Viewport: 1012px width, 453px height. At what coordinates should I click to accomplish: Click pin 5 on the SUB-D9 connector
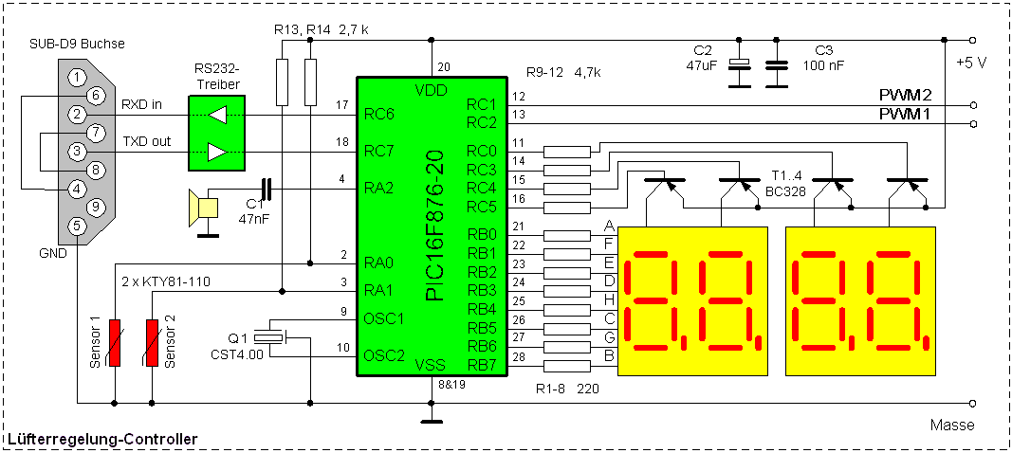pyautogui.click(x=78, y=226)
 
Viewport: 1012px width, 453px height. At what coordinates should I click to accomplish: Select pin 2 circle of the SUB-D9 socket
pyautogui.click(x=78, y=114)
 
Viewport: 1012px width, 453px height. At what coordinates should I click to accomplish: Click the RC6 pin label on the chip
pyautogui.click(x=378, y=114)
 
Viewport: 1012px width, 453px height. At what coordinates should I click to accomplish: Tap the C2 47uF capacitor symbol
pyautogui.click(x=738, y=66)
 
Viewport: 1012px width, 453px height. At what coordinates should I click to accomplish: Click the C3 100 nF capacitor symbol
pyautogui.click(x=777, y=66)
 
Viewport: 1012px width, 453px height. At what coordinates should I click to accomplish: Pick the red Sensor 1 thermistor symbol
pyautogui.click(x=115, y=342)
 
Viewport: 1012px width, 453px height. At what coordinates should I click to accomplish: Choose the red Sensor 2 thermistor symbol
pyautogui.click(x=152, y=342)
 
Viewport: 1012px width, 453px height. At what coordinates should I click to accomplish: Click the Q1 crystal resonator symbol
pyautogui.click(x=272, y=337)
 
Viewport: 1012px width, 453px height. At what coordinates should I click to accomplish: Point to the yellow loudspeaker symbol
pyautogui.click(x=202, y=208)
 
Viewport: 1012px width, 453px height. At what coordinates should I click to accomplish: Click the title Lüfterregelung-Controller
pyautogui.click(x=102, y=439)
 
